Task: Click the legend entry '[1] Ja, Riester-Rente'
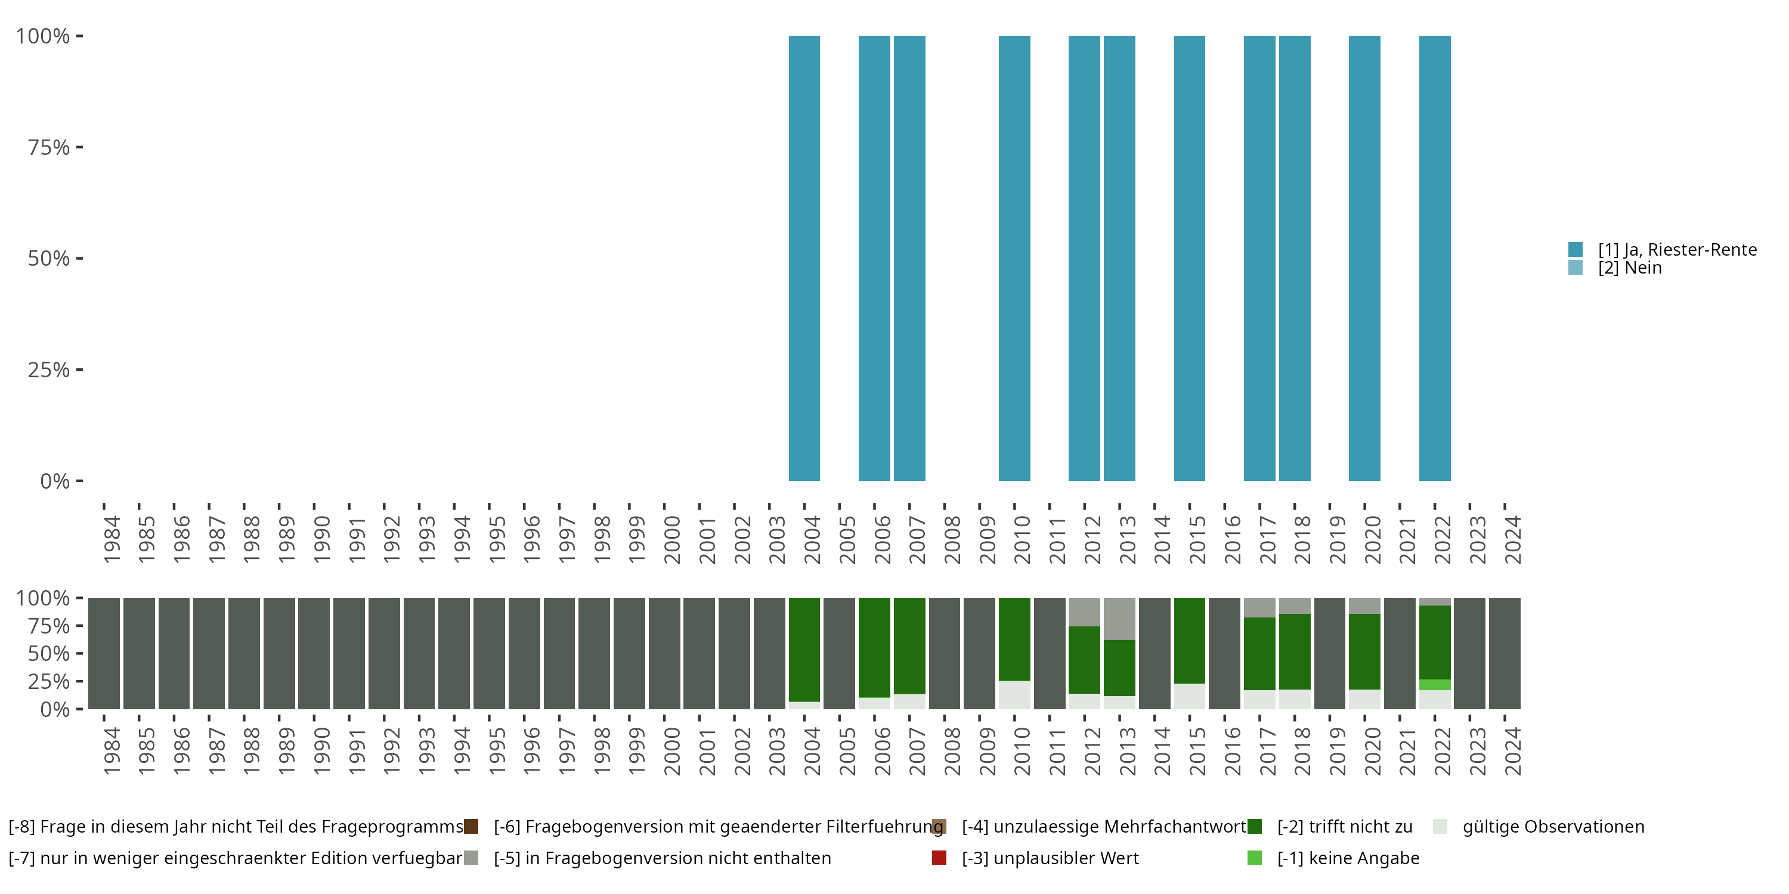click(1676, 250)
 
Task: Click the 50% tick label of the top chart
click(49, 259)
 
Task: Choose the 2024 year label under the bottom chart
click(1512, 751)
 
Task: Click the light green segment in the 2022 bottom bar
click(1434, 684)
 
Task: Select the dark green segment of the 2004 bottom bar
click(804, 649)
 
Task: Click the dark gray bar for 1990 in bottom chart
click(314, 653)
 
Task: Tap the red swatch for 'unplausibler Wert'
click(939, 858)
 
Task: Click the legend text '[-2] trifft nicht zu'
click(1345, 827)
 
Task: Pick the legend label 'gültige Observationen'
click(1553, 827)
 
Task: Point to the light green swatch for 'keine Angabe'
click(1254, 858)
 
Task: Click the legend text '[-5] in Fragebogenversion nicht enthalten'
click(662, 858)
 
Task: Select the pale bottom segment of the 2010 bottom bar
click(1014, 695)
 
